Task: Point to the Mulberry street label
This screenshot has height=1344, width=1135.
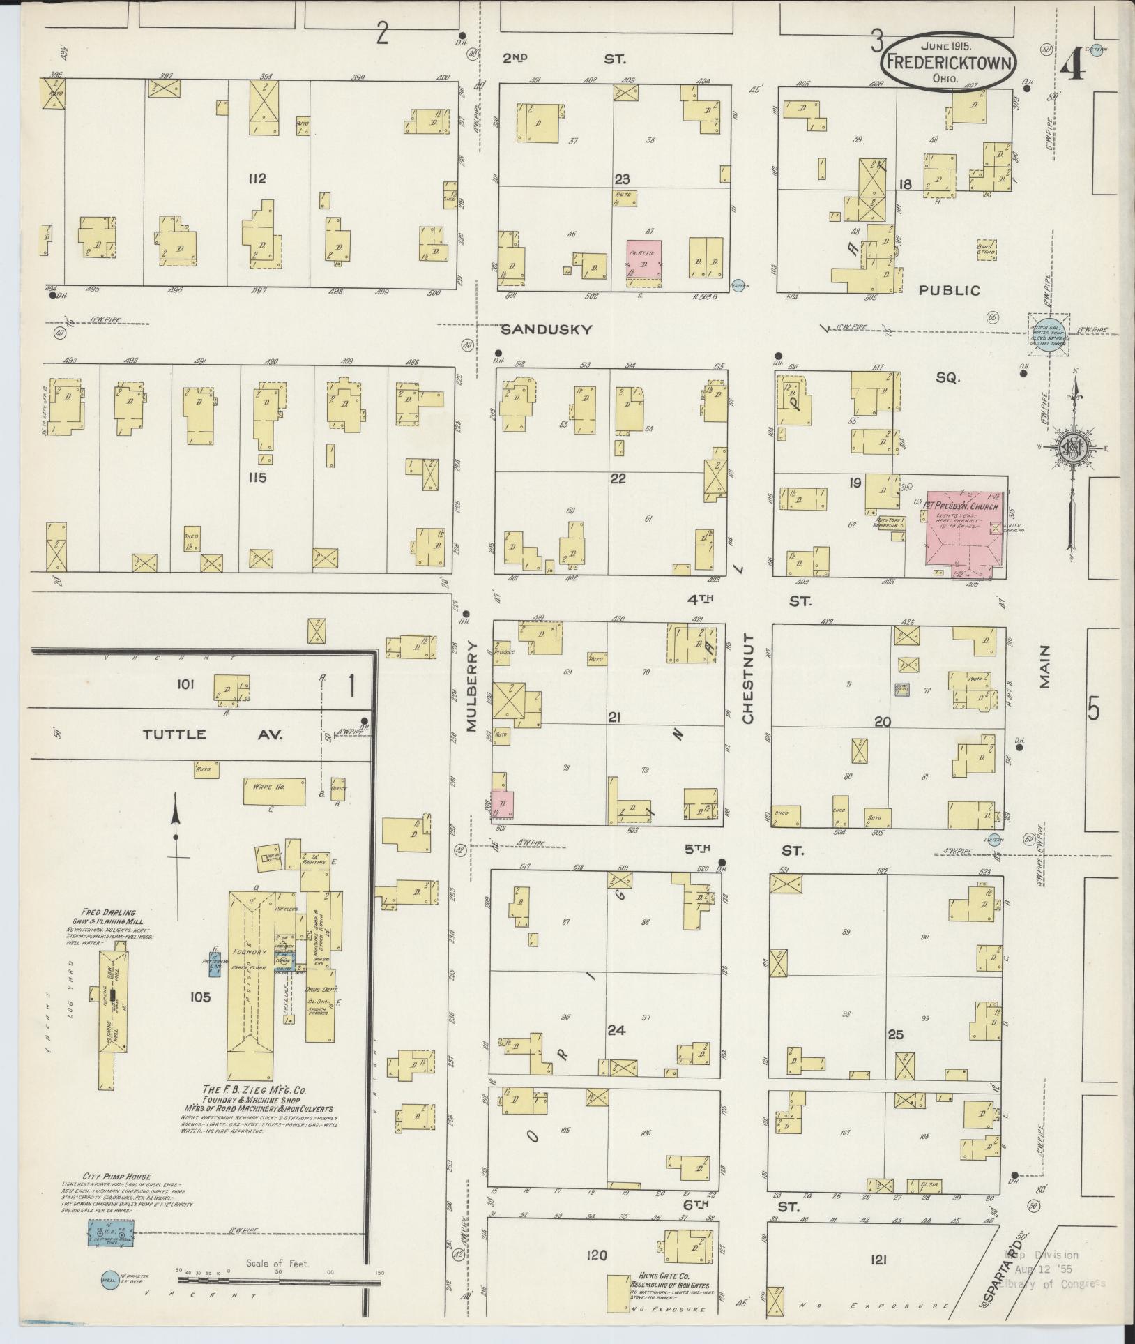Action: coord(471,686)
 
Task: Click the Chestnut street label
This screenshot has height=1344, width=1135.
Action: coord(749,678)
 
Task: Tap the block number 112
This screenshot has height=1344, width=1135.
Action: coord(257,179)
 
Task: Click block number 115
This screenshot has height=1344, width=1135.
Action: coord(258,478)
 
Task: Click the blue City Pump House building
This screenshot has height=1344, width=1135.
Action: coord(111,1233)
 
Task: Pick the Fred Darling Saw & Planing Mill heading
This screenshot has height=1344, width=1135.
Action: coord(107,916)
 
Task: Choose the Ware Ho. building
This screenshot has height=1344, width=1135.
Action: coord(274,791)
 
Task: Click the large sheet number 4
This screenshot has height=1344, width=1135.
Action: coord(1074,66)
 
